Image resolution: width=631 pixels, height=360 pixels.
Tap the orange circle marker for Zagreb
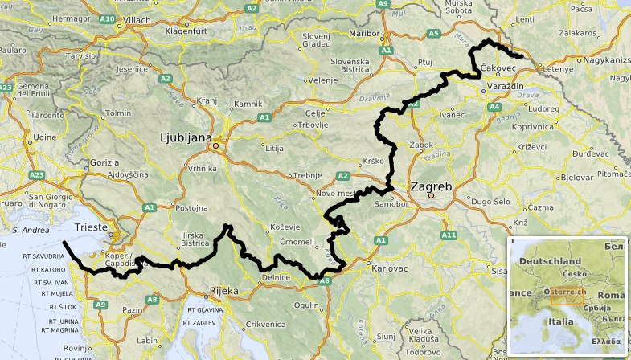coord(431,195)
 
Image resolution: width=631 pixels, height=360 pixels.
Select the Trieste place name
coord(90,228)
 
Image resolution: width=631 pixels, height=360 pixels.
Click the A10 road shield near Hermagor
coord(108,18)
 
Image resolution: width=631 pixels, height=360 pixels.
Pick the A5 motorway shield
coord(433,33)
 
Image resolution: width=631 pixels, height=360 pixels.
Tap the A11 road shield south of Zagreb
coord(449,235)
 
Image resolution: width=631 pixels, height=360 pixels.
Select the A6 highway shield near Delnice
coord(324,281)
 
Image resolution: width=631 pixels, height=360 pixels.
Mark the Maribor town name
coord(366,34)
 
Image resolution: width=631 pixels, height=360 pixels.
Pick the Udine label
coord(23,137)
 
